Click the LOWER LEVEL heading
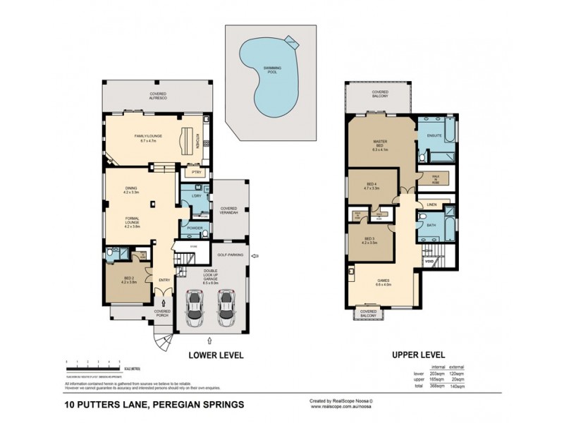pos(216,355)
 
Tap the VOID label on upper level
pos(429,262)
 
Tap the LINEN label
pos(430,204)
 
